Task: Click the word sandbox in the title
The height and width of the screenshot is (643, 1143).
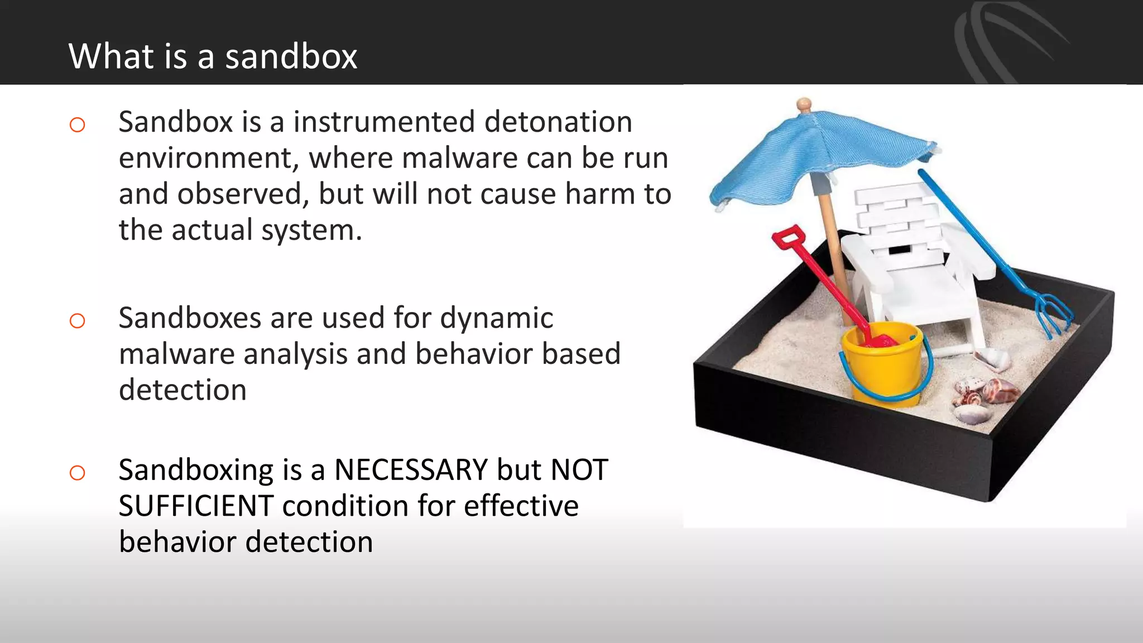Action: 291,57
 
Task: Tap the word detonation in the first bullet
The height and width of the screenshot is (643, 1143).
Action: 558,122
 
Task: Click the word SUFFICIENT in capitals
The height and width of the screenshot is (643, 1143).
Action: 196,506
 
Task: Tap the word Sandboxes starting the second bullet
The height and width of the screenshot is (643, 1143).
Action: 189,318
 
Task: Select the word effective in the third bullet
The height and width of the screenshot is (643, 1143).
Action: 521,506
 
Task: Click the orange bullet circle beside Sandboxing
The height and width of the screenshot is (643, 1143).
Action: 78,473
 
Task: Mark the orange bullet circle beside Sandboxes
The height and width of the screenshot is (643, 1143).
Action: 78,321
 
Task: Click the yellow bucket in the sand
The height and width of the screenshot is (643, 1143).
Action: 882,366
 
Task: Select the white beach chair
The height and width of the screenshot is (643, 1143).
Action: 915,262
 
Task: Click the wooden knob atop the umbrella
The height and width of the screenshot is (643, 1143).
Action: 804,104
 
